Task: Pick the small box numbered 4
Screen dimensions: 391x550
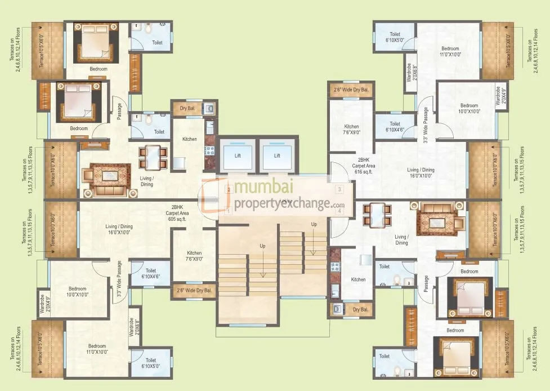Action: click(x=339, y=211)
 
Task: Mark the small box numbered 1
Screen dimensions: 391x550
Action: click(x=227, y=211)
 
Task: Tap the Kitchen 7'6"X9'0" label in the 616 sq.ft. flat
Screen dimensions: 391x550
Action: click(x=351, y=130)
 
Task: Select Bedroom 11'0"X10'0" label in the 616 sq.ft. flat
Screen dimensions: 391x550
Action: click(x=450, y=51)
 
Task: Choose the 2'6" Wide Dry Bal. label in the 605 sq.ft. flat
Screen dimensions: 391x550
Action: click(x=193, y=291)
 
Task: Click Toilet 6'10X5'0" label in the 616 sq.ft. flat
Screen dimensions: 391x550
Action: click(x=395, y=37)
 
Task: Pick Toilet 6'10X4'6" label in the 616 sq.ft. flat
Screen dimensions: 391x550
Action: click(x=395, y=127)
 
